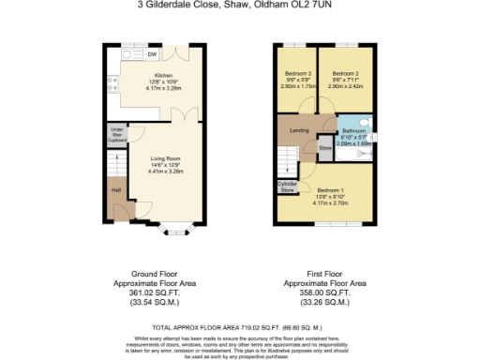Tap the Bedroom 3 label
tap(297, 74)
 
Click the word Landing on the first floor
tap(300, 129)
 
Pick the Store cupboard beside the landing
tap(325, 147)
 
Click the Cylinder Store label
tap(288, 187)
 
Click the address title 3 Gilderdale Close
tap(240, 6)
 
